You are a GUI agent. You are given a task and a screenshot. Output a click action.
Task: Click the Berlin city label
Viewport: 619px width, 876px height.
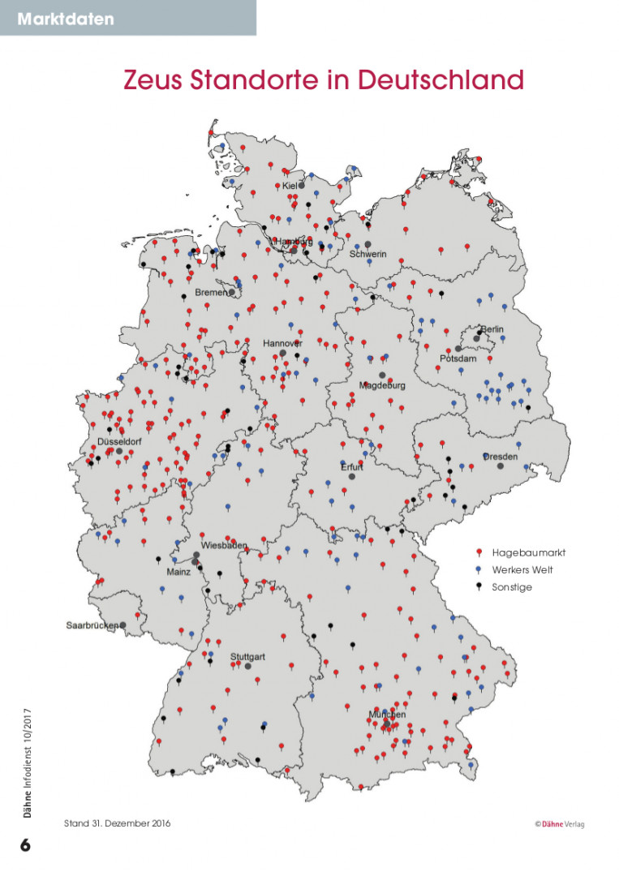pos(492,328)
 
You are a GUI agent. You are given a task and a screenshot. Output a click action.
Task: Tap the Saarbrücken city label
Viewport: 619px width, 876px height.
pos(92,625)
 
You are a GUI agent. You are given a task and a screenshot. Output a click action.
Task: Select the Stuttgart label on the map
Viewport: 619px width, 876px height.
pos(247,655)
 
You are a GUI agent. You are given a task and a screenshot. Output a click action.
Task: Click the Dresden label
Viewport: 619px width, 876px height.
pos(501,457)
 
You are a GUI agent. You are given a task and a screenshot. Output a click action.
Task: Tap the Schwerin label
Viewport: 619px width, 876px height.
pos(368,254)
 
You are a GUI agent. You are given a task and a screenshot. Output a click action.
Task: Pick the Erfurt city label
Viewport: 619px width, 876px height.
pos(352,467)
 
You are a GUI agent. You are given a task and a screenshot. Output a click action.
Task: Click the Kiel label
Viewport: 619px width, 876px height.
pos(290,186)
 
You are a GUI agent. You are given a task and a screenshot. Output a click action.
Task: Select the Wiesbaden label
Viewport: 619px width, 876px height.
pos(224,545)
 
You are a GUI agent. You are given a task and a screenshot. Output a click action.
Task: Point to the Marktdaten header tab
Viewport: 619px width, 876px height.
pos(66,18)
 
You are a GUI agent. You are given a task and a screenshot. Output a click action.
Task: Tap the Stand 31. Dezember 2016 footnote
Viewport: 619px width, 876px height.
pos(118,823)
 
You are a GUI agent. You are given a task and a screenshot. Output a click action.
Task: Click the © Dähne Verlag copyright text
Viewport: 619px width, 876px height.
pos(559,824)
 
